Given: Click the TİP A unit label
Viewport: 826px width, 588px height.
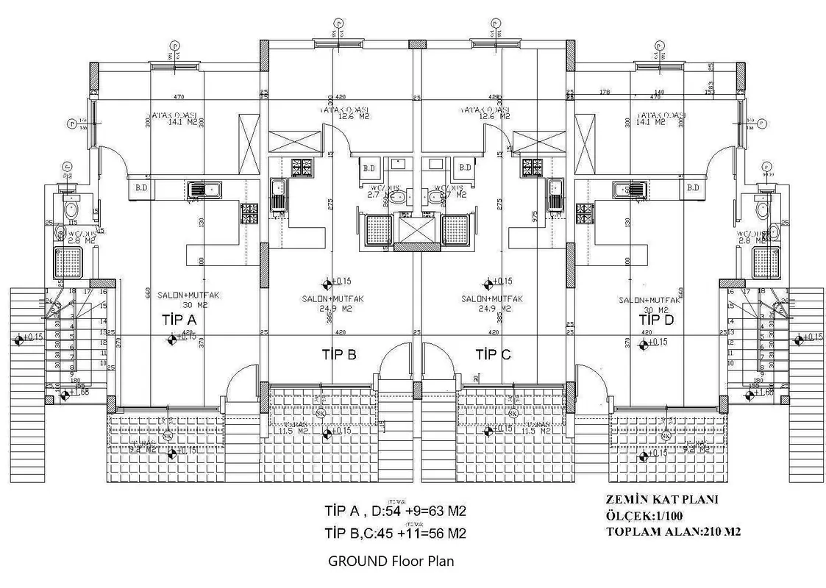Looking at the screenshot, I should coord(179,320).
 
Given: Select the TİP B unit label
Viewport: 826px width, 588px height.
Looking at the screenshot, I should coord(339,354).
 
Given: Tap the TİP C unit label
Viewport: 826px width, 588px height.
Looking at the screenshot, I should coord(493,354).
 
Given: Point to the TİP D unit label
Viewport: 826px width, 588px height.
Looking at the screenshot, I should coord(656,320).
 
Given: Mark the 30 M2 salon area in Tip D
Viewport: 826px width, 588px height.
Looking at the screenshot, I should coord(649,309).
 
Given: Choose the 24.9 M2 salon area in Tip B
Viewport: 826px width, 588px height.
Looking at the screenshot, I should coord(330,309).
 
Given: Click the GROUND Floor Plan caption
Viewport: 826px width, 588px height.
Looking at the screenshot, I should coord(391,561).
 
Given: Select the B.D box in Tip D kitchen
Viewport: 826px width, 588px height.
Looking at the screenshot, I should coord(692,188).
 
